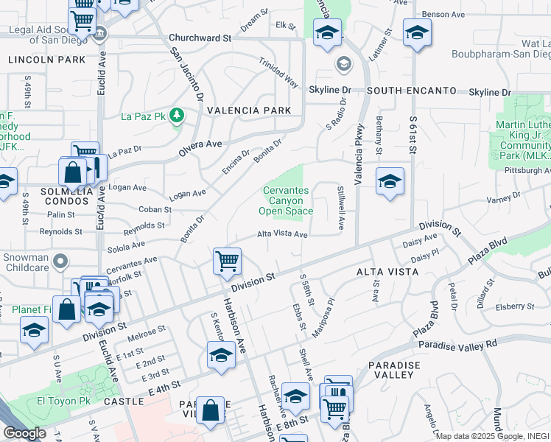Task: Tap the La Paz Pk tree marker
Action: [x=177, y=115]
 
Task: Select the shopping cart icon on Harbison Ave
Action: [x=227, y=261]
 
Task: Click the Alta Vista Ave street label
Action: [x=281, y=234]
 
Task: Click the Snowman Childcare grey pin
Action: [x=61, y=260]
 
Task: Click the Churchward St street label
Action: [x=200, y=37]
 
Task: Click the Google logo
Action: [x=24, y=433]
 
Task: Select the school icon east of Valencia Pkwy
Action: [x=389, y=182]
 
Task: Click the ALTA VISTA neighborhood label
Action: [x=387, y=272]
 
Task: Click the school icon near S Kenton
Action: [x=220, y=355]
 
